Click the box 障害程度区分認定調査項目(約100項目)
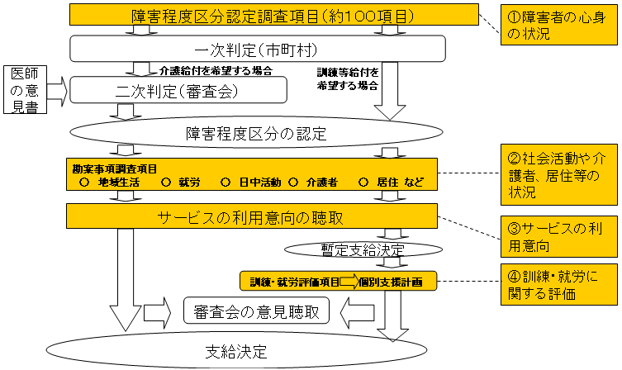coord(273,15)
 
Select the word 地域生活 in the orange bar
coord(118,182)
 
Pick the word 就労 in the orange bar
coord(188,182)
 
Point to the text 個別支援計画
coord(391,282)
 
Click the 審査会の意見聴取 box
coord(255,311)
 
